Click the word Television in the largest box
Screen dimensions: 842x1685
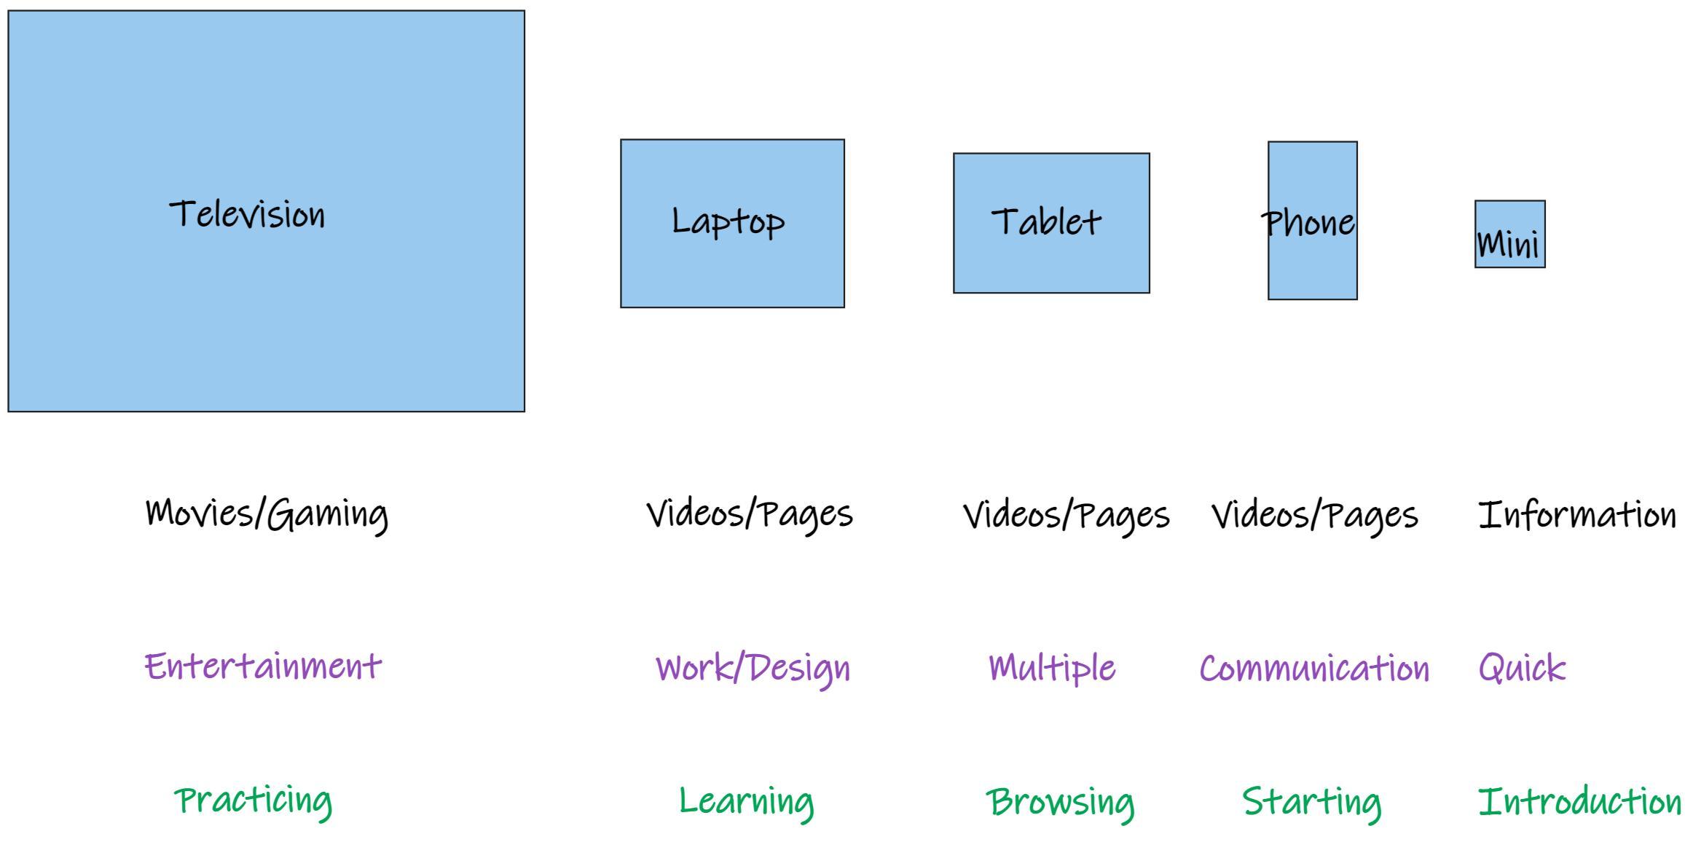pyautogui.click(x=247, y=215)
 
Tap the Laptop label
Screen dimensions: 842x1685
pyautogui.click(x=728, y=221)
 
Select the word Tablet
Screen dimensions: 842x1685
pyautogui.click(x=1046, y=221)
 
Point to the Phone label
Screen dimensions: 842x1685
pyautogui.click(x=1308, y=223)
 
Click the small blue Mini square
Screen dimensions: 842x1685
pyautogui.click(x=1509, y=235)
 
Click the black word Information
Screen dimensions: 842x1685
pyautogui.click(x=1577, y=515)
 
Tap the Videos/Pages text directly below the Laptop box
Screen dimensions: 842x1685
pyautogui.click(x=750, y=515)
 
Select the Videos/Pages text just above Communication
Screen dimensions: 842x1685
pyautogui.click(x=1315, y=516)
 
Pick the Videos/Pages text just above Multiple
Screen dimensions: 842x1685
pyautogui.click(x=1067, y=516)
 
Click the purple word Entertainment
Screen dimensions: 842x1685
pyautogui.click(x=263, y=666)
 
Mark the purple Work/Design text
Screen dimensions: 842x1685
pyautogui.click(x=753, y=668)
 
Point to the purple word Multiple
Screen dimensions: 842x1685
pyautogui.click(x=1052, y=668)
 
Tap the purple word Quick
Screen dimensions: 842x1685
pyautogui.click(x=1522, y=668)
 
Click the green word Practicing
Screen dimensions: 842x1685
pyautogui.click(x=254, y=800)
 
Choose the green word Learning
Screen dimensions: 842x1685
pyautogui.click(x=746, y=801)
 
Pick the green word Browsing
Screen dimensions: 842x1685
pyautogui.click(x=1060, y=802)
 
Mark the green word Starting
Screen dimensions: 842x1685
pyautogui.click(x=1311, y=802)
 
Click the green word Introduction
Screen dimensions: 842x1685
pyautogui.click(x=1579, y=802)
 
